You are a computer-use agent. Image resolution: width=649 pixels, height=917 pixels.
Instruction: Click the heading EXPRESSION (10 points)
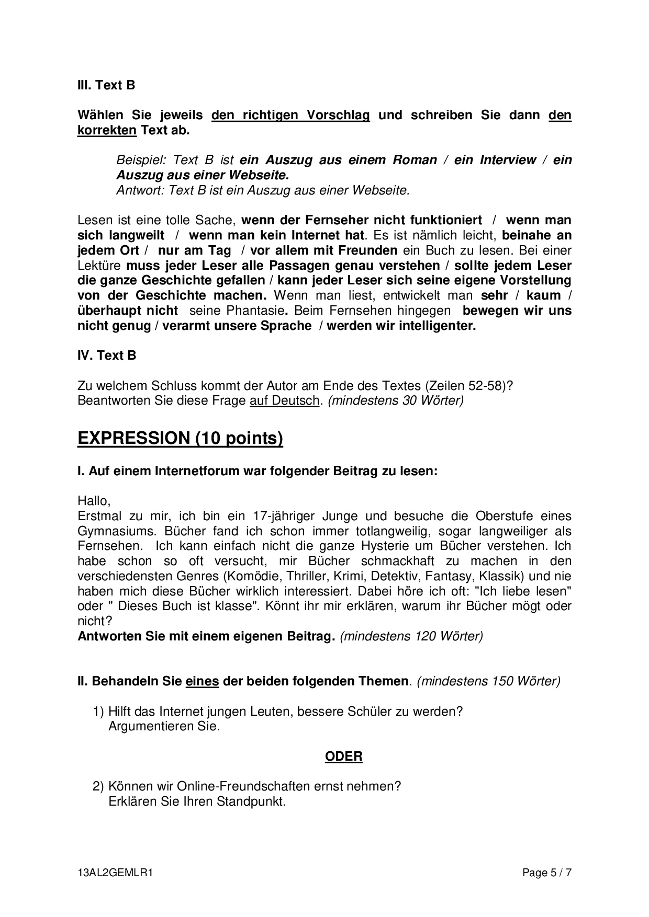(x=180, y=438)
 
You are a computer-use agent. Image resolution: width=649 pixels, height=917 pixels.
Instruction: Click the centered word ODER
(x=343, y=756)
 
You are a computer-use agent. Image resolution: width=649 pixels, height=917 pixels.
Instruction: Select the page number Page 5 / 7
(x=547, y=873)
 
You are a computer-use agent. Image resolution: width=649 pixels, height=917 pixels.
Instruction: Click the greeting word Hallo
(x=94, y=501)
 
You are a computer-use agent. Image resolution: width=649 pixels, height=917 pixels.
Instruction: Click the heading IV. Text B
(x=107, y=356)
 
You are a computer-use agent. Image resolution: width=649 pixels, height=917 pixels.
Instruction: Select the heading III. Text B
(x=106, y=85)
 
